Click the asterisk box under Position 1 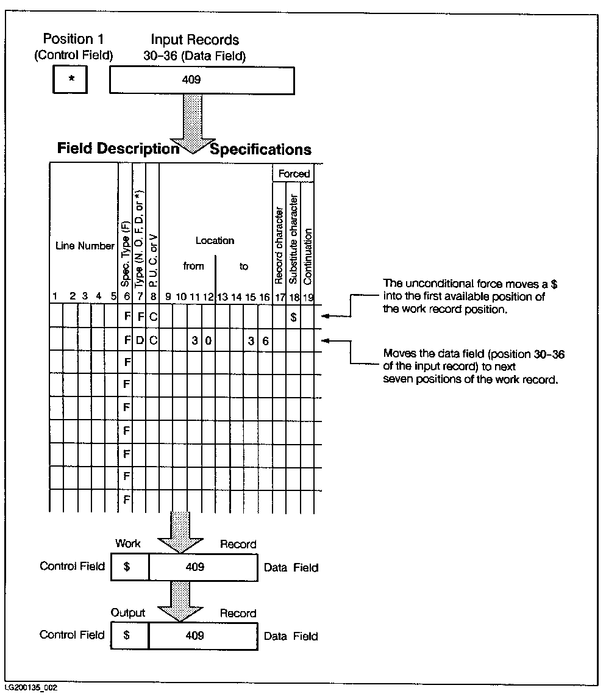click(70, 79)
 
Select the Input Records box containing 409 click(202, 79)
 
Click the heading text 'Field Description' click(118, 149)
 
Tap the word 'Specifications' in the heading click(260, 149)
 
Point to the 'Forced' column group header click(294, 174)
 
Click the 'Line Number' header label click(85, 246)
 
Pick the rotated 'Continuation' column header click(308, 257)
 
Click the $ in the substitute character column click(294, 317)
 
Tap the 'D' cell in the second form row click(140, 340)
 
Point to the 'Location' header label click(215, 241)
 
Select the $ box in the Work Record click(127, 567)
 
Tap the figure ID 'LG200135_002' click(30, 688)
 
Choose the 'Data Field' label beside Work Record click(291, 567)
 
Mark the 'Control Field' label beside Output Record click(72, 635)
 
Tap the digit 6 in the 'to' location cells click(265, 340)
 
